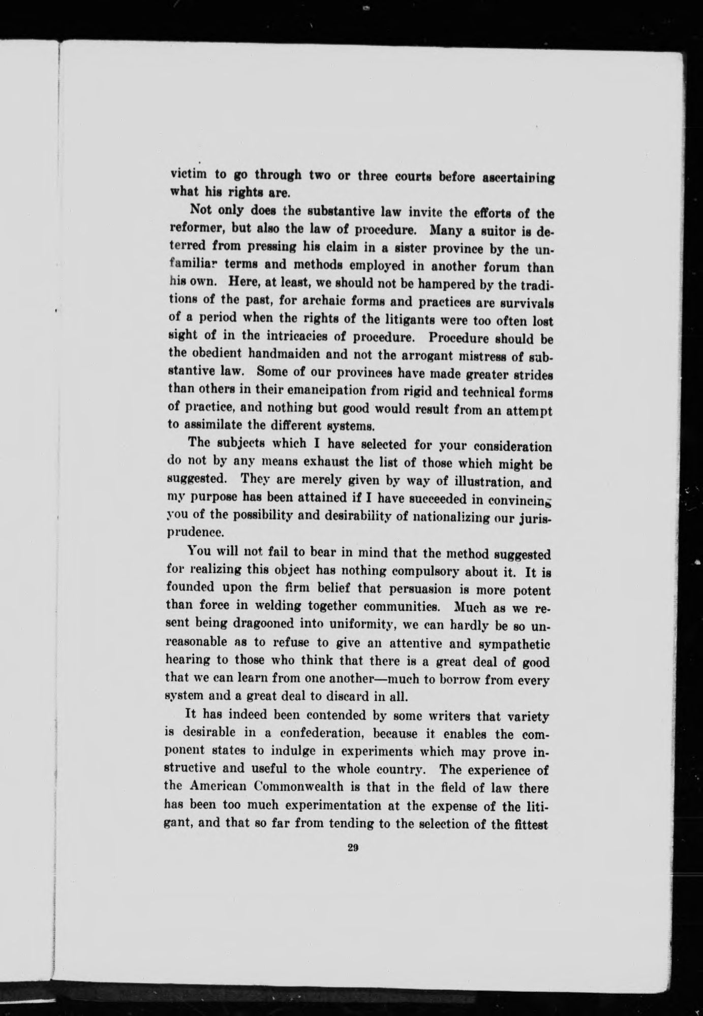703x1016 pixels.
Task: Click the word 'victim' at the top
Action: (x=187, y=174)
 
